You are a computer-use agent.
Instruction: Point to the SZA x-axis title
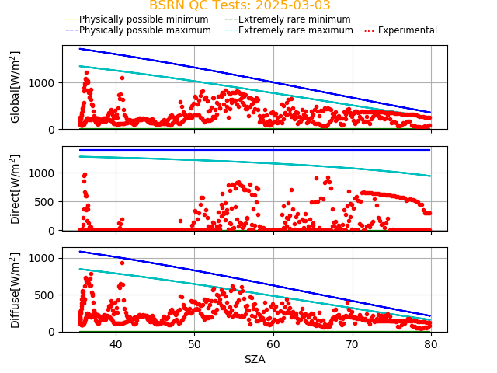point(255,359)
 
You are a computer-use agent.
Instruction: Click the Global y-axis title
point(16,87)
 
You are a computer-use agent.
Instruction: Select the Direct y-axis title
point(16,189)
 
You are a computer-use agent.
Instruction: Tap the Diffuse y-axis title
point(16,291)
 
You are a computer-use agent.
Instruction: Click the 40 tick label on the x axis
point(116,344)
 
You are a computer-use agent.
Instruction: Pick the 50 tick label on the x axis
point(194,344)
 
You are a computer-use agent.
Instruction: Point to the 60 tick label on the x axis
point(273,344)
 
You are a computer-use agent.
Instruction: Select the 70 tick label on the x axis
point(353,344)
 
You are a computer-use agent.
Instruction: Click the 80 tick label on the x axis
point(431,344)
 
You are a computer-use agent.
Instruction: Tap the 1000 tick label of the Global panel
point(43,83)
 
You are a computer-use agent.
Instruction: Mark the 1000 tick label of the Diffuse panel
point(43,258)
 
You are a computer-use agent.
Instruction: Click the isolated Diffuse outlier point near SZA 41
point(122,263)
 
